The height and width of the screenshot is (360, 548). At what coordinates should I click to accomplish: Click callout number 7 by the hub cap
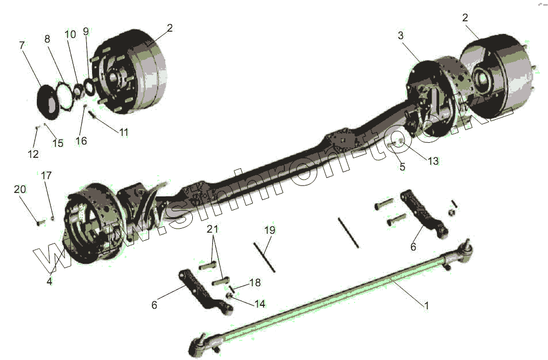(23, 44)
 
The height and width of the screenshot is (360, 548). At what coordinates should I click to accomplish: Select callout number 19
(270, 230)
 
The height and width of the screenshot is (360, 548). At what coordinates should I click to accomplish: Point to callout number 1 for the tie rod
(427, 306)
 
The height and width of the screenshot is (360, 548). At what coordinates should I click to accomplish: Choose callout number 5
(402, 167)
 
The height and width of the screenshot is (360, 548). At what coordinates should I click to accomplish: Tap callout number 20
(20, 190)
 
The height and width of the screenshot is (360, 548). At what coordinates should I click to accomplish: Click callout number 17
(45, 175)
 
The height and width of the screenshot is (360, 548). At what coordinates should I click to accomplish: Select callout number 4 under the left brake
(50, 282)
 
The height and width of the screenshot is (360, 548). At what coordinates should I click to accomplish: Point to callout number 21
(213, 229)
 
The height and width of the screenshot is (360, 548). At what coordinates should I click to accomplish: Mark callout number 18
(254, 283)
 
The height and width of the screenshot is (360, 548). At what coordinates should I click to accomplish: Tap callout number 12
(33, 154)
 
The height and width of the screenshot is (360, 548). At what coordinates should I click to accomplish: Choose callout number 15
(58, 143)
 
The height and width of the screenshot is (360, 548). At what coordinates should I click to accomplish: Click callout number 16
(82, 141)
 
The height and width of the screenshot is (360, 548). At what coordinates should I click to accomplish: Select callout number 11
(124, 132)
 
